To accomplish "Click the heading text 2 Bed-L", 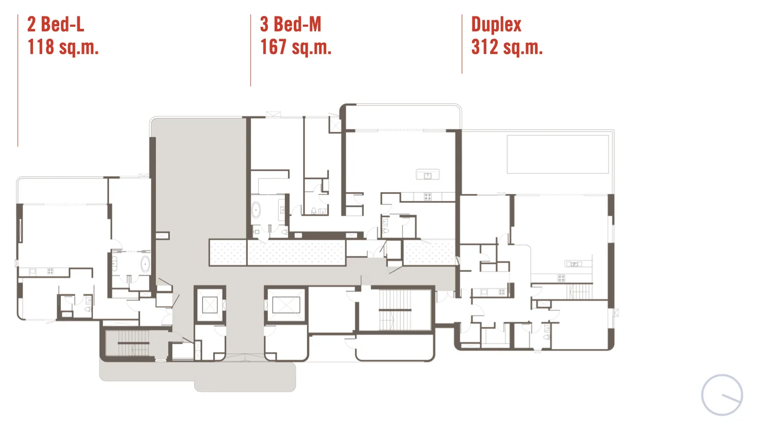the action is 56,24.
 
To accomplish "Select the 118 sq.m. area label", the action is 63,47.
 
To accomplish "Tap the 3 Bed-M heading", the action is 291,24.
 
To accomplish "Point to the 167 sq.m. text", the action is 296,47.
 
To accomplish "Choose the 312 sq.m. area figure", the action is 507,47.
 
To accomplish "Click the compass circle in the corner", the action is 722,395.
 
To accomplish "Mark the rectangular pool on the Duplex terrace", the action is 558,154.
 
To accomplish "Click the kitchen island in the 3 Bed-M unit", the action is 428,174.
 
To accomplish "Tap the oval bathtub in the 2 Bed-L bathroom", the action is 145,264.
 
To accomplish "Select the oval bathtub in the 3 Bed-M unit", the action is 256,210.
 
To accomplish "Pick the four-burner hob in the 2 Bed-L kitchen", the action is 50,271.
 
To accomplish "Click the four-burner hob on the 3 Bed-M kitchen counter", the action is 428,196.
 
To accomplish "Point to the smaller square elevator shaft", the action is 210,305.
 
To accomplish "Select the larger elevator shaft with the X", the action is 286,304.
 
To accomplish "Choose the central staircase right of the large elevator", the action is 395,309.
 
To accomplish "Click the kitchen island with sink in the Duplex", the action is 573,264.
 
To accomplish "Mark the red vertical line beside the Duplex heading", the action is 462,44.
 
